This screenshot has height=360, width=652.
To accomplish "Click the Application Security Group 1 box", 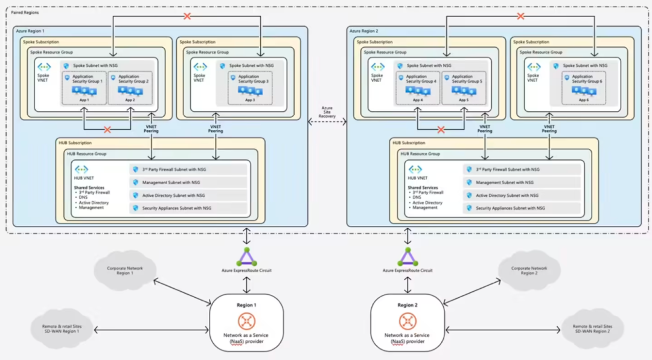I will coord(84,88).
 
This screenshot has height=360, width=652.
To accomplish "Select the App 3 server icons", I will coord(250,91).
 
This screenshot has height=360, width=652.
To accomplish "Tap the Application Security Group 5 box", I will coord(464,88).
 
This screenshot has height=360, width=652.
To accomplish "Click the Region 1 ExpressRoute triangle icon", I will coord(246,257).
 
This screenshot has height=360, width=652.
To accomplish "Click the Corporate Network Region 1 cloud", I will coord(125,270).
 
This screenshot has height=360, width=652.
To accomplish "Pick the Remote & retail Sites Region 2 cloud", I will coord(591,329).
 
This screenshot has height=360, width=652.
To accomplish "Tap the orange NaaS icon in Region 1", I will coord(246,321).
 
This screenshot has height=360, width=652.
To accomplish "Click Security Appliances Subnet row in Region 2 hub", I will coord(522,208).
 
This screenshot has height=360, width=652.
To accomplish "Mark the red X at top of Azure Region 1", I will coord(187,16).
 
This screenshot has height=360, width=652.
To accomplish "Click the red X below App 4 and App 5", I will coord(441,129).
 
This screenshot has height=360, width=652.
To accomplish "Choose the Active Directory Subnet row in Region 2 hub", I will coord(522,195).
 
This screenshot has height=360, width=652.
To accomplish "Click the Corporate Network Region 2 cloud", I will coord(528,270).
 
